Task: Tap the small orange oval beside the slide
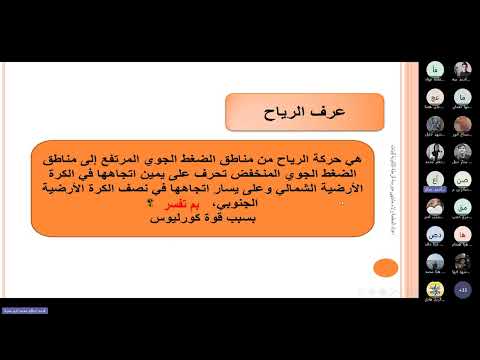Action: [384, 267]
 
